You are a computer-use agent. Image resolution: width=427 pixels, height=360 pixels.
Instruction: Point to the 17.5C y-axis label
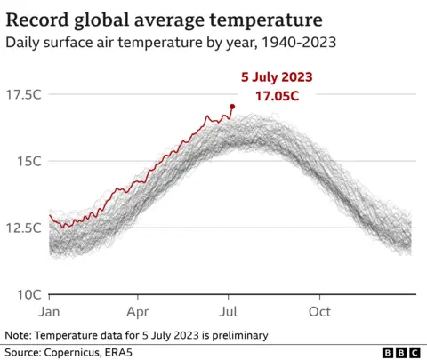tap(24, 95)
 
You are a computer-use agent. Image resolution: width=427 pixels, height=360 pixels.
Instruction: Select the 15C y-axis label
tap(29, 161)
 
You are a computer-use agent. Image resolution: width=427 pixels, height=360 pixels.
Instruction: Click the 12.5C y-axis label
tap(24, 228)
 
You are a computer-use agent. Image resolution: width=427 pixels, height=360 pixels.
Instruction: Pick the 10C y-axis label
tap(28, 294)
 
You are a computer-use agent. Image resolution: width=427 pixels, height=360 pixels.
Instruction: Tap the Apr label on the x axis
tap(138, 311)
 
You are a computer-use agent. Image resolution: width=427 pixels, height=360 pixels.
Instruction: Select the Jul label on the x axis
tap(229, 311)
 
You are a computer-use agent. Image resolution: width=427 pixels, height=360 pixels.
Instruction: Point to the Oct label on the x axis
tap(319, 311)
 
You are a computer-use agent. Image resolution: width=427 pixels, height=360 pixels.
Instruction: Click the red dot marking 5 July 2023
tap(232, 107)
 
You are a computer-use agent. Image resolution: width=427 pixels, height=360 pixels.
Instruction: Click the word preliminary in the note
tap(235, 335)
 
